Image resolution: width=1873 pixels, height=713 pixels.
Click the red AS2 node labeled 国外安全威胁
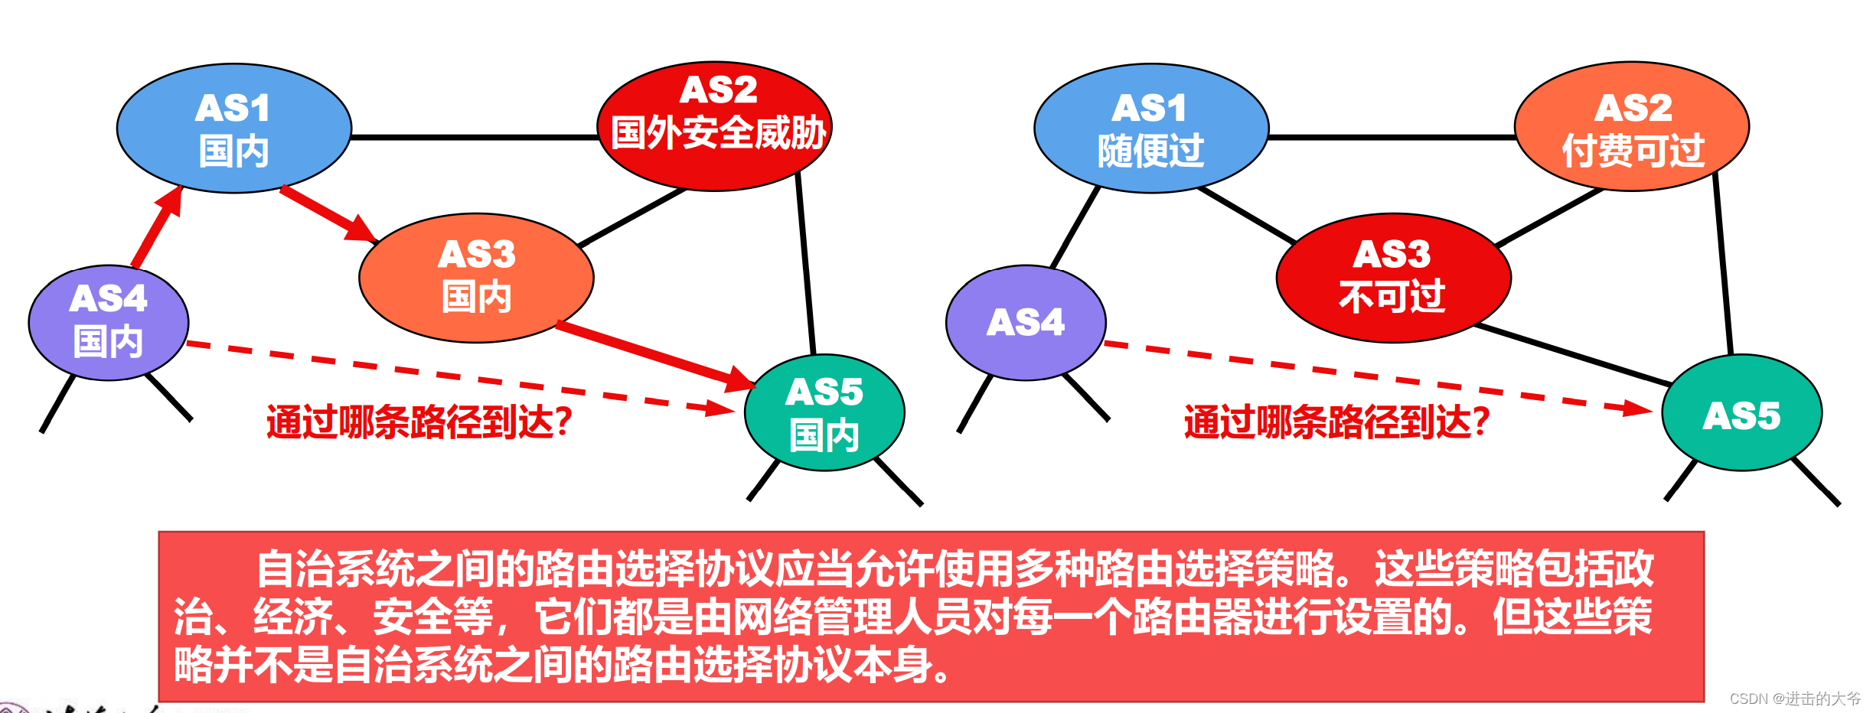click(715, 126)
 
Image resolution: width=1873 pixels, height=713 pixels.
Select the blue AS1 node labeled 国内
click(233, 129)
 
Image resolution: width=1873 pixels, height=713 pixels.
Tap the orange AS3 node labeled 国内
click(476, 277)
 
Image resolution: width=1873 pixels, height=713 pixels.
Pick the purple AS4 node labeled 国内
click(108, 322)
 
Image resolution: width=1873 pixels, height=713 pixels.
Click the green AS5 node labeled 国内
click(824, 412)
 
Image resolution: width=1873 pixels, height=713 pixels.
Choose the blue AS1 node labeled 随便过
click(1150, 129)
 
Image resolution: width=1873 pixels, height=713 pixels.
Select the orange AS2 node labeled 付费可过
click(1632, 127)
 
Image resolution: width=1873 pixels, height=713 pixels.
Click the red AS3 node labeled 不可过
click(1393, 277)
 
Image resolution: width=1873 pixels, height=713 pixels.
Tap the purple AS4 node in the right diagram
click(1026, 322)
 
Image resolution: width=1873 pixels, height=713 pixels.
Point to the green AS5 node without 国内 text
click(1741, 414)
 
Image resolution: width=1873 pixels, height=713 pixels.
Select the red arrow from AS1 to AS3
click(328, 213)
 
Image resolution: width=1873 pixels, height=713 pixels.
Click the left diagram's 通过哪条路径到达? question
click(419, 422)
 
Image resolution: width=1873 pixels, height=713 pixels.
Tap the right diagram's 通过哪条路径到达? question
click(1336, 422)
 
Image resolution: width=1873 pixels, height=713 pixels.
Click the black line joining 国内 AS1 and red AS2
click(475, 138)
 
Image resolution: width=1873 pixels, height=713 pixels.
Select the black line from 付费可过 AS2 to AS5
click(1723, 264)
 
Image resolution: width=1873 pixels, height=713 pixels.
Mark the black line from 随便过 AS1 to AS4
click(1075, 227)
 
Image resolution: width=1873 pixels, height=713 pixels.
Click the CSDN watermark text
click(1795, 698)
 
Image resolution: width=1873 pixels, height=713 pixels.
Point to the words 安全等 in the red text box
click(432, 617)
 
